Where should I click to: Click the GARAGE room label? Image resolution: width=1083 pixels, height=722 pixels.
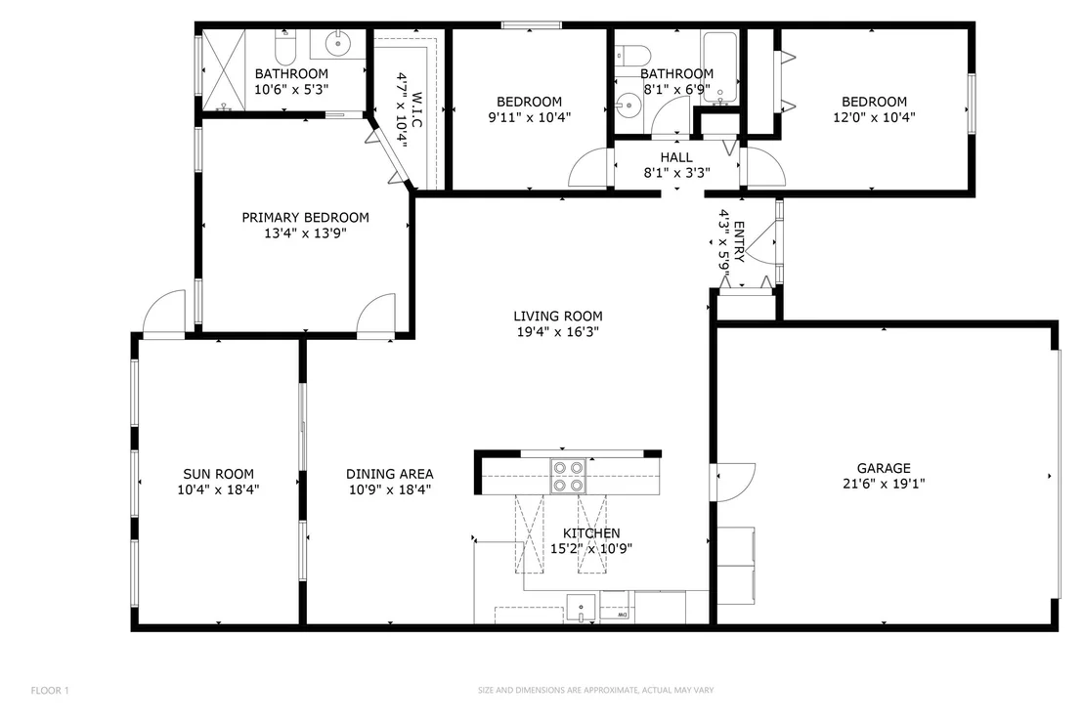coord(884,468)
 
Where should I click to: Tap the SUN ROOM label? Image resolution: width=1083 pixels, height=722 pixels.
coord(218,474)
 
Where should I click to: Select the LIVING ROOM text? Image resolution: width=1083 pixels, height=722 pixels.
coord(558,317)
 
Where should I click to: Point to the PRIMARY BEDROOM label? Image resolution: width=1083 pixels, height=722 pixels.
coord(305,218)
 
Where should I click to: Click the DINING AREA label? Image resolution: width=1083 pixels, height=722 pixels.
coord(390,474)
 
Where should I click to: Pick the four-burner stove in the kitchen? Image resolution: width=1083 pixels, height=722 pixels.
coord(568,476)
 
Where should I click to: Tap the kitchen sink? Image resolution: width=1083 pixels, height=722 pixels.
coord(581,609)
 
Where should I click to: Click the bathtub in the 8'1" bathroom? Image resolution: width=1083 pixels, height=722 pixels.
coord(719,67)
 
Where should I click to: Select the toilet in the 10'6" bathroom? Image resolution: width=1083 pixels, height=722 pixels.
coord(286,47)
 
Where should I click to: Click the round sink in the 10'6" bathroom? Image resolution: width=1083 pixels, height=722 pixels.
coord(338,44)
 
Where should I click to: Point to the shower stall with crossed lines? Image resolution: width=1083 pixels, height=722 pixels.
coord(224,69)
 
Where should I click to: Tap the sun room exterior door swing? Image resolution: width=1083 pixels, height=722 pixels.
coord(164,313)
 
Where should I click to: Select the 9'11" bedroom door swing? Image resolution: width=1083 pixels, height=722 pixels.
coord(587,168)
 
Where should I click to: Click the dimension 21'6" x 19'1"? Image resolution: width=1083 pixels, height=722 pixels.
coord(884,484)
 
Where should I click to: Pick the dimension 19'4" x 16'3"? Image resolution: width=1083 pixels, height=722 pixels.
coord(558,332)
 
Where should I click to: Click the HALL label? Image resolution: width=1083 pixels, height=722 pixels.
coord(676,157)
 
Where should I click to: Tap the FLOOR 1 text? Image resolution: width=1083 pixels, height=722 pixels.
coord(50,691)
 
